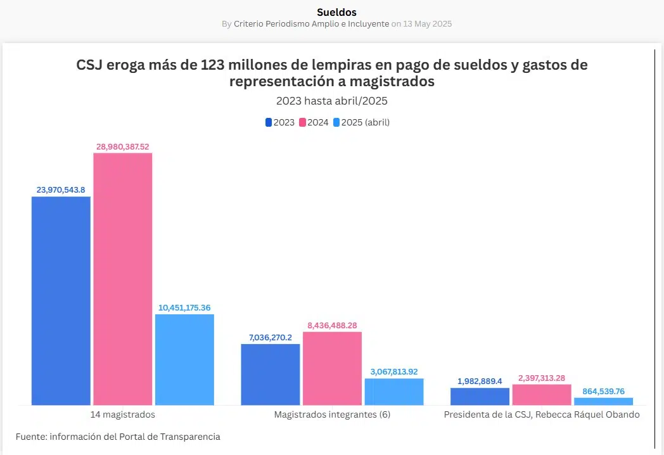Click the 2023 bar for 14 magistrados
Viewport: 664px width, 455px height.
(x=61, y=300)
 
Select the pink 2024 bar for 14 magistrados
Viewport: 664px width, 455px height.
(x=123, y=279)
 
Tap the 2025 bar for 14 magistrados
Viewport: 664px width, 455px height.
(x=184, y=359)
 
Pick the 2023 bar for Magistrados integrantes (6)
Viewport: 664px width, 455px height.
(x=271, y=374)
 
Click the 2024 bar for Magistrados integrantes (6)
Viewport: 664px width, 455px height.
(x=332, y=368)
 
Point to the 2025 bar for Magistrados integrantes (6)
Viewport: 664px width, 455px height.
(x=394, y=392)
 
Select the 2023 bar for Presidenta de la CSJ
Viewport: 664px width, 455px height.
(x=480, y=396)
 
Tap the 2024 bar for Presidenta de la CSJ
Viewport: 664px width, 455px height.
(x=542, y=394)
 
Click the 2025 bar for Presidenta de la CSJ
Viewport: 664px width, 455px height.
(x=603, y=401)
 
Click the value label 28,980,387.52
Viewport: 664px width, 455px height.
(x=123, y=146)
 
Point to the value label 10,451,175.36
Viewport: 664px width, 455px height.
(x=184, y=307)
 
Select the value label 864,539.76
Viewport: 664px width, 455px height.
(x=603, y=391)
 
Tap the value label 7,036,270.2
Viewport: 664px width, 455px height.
(x=271, y=337)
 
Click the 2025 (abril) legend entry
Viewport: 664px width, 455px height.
(x=361, y=122)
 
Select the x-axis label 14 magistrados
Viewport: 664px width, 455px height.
(x=123, y=414)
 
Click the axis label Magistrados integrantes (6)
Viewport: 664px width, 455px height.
(x=332, y=414)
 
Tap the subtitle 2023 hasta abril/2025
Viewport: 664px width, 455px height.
(x=331, y=101)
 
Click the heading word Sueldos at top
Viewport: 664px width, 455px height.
(x=336, y=12)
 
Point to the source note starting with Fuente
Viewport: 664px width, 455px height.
(x=118, y=437)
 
